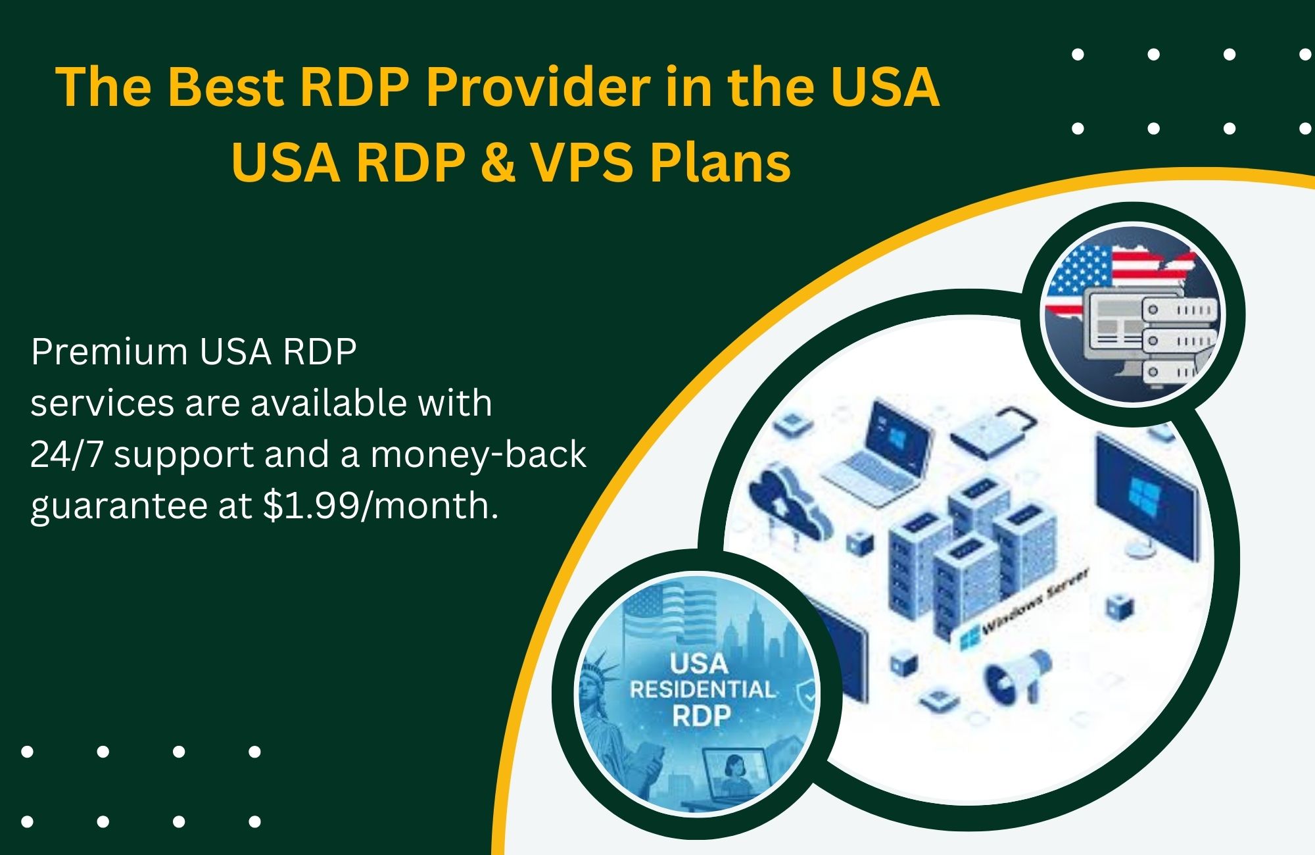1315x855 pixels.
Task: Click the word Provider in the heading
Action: [x=538, y=87]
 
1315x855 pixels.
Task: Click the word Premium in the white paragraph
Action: [x=109, y=352]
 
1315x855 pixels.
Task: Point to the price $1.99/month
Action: [x=380, y=506]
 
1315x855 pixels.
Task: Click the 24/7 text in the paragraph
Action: [x=66, y=454]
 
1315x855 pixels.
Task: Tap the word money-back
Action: [x=478, y=454]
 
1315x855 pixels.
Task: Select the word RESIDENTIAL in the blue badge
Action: [x=702, y=689]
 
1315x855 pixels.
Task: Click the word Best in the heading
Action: [x=227, y=87]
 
